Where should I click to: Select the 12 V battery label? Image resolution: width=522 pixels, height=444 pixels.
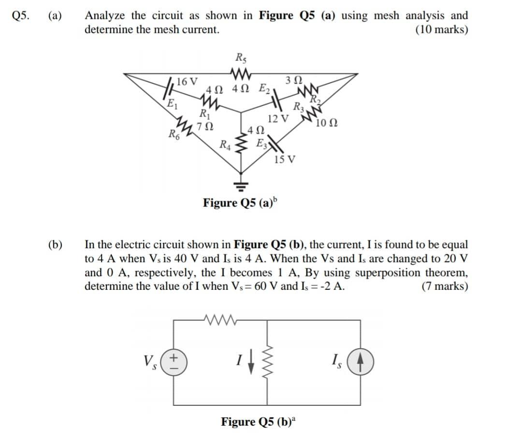coord(278,118)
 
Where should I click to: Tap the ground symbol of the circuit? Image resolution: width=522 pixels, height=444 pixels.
coord(241,185)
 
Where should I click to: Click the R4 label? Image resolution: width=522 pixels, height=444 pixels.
coord(225,143)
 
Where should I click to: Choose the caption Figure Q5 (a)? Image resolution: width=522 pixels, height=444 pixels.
coord(240,202)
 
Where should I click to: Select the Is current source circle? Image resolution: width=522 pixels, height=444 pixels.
coord(358,361)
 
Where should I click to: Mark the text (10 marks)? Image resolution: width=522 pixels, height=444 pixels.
coord(441,29)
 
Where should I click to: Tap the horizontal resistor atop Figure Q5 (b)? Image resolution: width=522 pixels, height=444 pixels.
coord(219,319)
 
